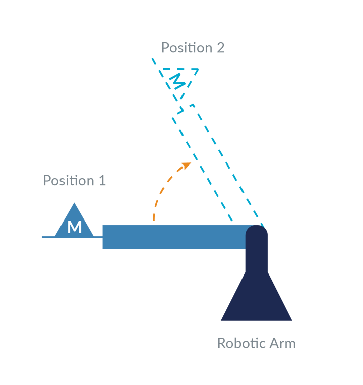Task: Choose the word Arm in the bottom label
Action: (282, 343)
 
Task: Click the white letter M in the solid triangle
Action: (74, 227)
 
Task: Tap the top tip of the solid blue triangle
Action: (75, 203)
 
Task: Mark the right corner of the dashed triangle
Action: (198, 70)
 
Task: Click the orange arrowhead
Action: (187, 165)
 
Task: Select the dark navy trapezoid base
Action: (256, 300)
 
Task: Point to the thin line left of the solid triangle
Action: (48, 236)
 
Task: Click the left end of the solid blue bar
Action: (104, 237)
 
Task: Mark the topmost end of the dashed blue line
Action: (152, 59)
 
